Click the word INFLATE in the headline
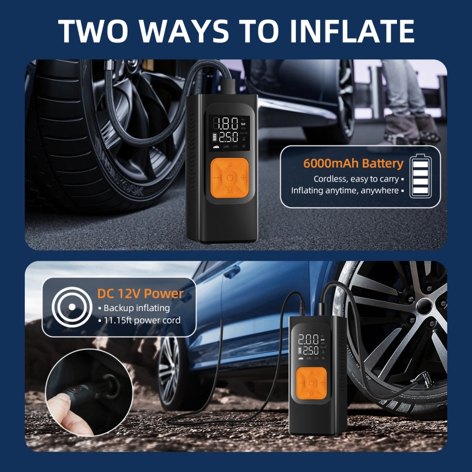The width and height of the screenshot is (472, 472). coord(352,31)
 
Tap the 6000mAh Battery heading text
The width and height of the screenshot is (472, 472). coord(353,163)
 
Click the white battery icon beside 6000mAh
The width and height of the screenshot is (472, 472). coord(421,176)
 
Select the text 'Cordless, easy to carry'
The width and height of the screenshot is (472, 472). coord(356,179)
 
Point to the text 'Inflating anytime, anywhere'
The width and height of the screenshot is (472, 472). coord(345,191)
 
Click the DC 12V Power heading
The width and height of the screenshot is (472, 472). coord(140,293)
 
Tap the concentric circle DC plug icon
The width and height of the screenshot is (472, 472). coord(72,307)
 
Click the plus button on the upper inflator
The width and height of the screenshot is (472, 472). coord(243,177)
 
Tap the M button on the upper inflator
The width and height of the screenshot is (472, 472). coord(230,191)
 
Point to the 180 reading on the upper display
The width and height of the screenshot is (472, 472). coord(226,123)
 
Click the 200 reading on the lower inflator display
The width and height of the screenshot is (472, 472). coord(308,339)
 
